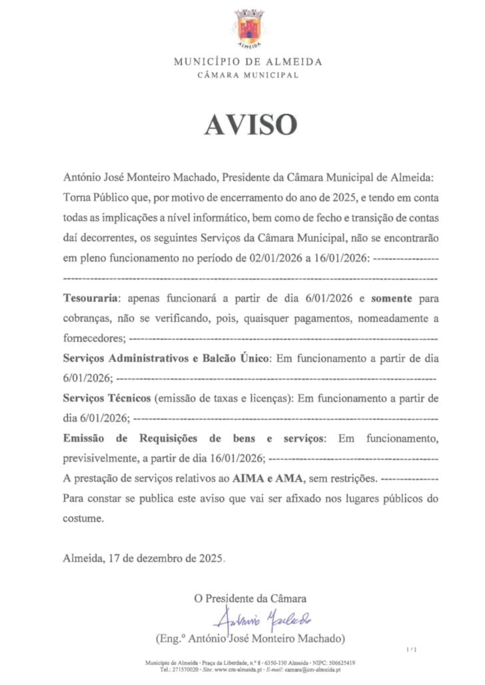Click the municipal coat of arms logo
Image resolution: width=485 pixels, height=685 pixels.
(x=249, y=27)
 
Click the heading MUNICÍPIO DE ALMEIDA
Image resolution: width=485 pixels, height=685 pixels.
(x=248, y=62)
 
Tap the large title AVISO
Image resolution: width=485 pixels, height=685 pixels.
(x=250, y=125)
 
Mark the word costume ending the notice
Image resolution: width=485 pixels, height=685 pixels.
(x=83, y=518)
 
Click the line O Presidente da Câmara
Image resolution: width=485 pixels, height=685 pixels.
(x=250, y=599)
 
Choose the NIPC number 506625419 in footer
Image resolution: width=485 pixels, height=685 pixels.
(x=339, y=663)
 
